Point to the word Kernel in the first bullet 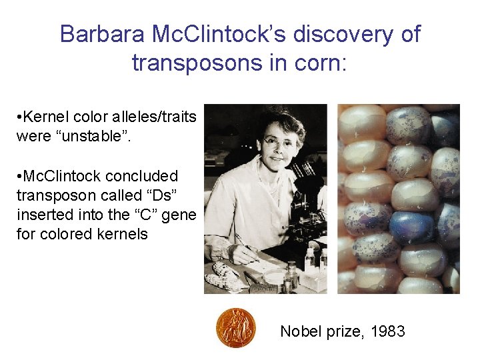coord(45,117)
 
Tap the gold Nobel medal coord(235,328)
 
